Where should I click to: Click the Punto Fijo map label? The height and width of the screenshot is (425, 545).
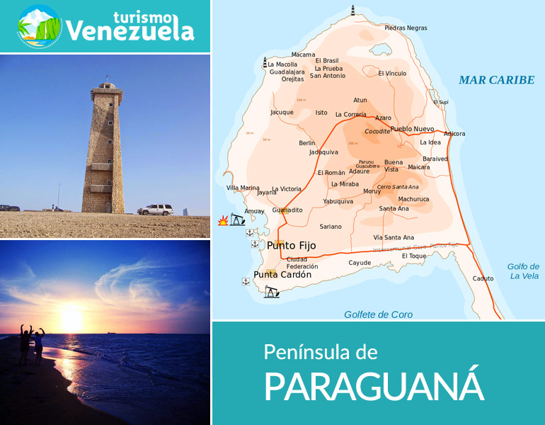click(x=292, y=246)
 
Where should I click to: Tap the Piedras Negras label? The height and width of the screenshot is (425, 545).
click(x=406, y=28)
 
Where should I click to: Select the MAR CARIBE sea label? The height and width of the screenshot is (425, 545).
click(x=496, y=80)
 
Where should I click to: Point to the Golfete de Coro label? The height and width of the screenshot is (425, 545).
click(x=378, y=314)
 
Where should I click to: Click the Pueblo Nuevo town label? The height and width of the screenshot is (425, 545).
click(x=412, y=129)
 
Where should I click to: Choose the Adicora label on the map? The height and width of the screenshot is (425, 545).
click(x=454, y=133)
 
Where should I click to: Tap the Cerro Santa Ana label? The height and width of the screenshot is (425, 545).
click(x=398, y=187)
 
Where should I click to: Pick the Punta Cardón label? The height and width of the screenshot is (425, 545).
click(x=282, y=275)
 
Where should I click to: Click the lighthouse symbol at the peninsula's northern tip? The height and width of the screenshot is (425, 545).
click(x=352, y=9)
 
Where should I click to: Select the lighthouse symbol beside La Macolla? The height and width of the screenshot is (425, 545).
click(x=265, y=62)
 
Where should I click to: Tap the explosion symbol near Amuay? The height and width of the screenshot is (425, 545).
click(x=223, y=222)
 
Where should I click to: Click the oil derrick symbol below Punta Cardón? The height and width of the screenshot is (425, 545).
click(x=271, y=292)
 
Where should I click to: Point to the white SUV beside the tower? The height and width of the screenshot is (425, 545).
click(x=155, y=209)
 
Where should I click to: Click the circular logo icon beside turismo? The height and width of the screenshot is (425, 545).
click(x=40, y=26)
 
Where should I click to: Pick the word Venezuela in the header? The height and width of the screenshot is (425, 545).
click(x=130, y=31)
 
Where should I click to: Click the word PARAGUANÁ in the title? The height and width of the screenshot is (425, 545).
click(x=374, y=385)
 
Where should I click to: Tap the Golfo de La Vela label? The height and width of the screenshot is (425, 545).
click(x=523, y=271)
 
